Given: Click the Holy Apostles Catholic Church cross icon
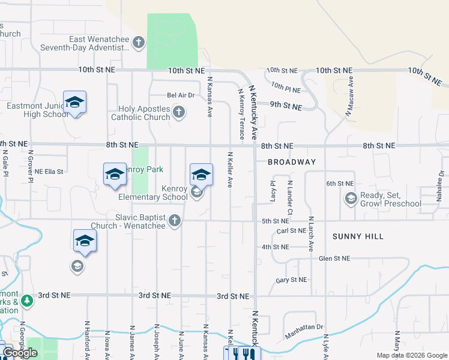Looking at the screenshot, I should pyautogui.click(x=178, y=112).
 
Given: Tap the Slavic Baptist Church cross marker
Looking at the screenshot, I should pyautogui.click(x=175, y=221).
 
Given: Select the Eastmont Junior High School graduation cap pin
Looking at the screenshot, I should pyautogui.click(x=74, y=103).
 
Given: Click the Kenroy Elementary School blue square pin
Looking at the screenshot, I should pyautogui.click(x=201, y=175).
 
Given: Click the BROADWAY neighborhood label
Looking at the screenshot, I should pyautogui.click(x=292, y=163).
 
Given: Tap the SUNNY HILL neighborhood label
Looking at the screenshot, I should pyautogui.click(x=358, y=237).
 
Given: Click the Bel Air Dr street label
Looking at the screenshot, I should pyautogui.click(x=181, y=95).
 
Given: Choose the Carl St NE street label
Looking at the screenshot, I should pyautogui.click(x=292, y=231).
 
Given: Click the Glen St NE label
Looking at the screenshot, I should pyautogui.click(x=334, y=259).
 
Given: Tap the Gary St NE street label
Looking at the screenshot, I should pyautogui.click(x=291, y=280).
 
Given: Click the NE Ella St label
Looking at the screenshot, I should pyautogui.click(x=49, y=172).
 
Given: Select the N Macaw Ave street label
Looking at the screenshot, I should pyautogui.click(x=348, y=96).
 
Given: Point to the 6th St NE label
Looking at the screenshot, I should pyautogui.click(x=340, y=184).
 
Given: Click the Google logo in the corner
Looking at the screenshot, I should pyautogui.click(x=20, y=353).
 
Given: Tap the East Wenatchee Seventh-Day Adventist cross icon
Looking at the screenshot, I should pyautogui.click(x=139, y=43).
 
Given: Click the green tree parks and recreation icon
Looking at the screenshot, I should pyautogui.click(x=26, y=301).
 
